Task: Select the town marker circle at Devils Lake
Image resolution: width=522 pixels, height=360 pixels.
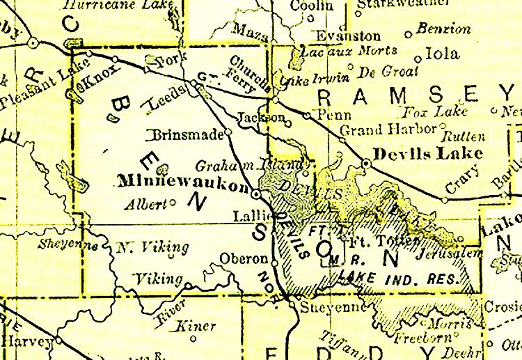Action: pos(367,163)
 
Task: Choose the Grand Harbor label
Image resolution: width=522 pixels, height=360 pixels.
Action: pos(388,129)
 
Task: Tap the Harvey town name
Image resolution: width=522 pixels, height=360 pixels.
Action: pos(27,341)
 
